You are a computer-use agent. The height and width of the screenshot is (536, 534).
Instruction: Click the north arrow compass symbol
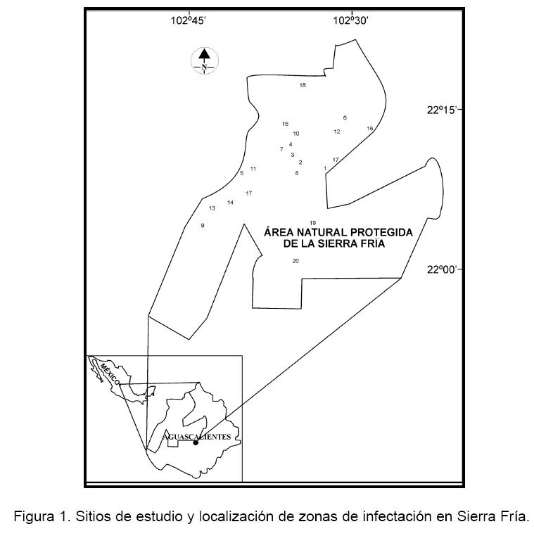point(204,60)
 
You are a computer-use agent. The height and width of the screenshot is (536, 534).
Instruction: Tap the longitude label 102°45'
point(188,21)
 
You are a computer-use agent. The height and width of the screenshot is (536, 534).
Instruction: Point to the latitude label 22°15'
point(445,110)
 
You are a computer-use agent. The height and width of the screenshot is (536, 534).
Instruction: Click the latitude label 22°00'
point(445,269)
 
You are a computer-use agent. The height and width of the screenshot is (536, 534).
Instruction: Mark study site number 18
point(303,86)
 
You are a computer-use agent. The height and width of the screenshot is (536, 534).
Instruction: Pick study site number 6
point(345,118)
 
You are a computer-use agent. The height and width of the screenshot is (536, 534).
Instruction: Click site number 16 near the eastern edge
point(369,129)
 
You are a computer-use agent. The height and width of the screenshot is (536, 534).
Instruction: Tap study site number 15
point(285,125)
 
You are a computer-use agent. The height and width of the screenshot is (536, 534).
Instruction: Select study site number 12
point(337,132)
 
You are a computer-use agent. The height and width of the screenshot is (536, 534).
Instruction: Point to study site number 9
point(203,226)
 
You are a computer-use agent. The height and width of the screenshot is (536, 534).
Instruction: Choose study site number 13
point(212,208)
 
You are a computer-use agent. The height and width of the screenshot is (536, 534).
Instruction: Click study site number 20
point(295,261)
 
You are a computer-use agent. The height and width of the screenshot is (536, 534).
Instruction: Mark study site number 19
point(312,223)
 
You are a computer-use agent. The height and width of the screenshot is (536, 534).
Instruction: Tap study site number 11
point(253,169)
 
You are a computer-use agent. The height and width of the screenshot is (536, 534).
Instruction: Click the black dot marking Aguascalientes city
point(196,442)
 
